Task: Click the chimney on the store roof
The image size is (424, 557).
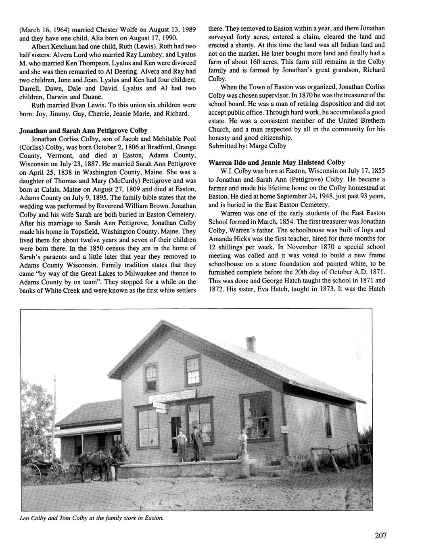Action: coord(251,344)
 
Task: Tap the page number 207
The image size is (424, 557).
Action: coord(380,536)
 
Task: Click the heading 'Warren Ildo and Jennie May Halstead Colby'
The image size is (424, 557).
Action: coord(276,162)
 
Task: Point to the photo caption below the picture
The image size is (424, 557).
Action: coord(92,518)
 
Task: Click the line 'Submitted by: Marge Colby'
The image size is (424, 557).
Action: coord(247,146)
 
